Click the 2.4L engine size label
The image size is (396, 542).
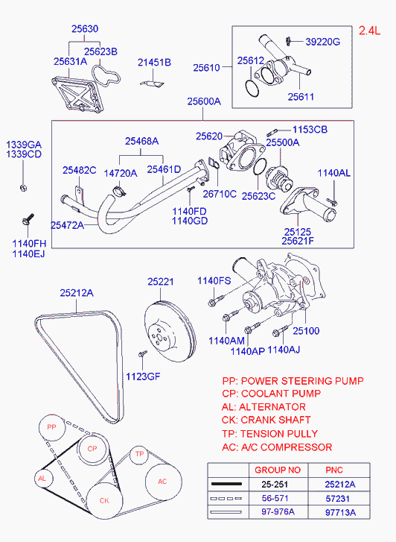(x=369, y=31)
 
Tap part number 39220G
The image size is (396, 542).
(x=322, y=42)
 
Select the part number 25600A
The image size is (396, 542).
(x=204, y=101)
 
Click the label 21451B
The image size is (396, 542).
(x=154, y=62)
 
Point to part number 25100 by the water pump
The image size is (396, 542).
(x=306, y=331)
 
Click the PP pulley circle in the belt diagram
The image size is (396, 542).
(x=52, y=427)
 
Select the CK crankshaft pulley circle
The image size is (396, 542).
(x=104, y=500)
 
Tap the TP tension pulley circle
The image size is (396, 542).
(x=139, y=454)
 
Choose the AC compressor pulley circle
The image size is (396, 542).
(x=163, y=482)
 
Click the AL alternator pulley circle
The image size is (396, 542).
(x=42, y=479)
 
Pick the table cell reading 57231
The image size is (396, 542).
(x=337, y=499)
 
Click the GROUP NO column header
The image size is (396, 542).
(x=278, y=470)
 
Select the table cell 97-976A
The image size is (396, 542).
(x=278, y=511)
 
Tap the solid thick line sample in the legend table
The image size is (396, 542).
(x=226, y=484)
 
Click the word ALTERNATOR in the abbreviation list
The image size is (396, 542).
(x=272, y=407)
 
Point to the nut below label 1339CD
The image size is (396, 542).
(x=23, y=188)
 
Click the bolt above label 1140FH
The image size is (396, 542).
(x=28, y=219)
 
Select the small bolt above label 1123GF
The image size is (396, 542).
(x=143, y=353)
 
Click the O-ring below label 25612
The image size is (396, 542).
(x=252, y=88)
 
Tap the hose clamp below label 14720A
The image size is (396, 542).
(x=119, y=190)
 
